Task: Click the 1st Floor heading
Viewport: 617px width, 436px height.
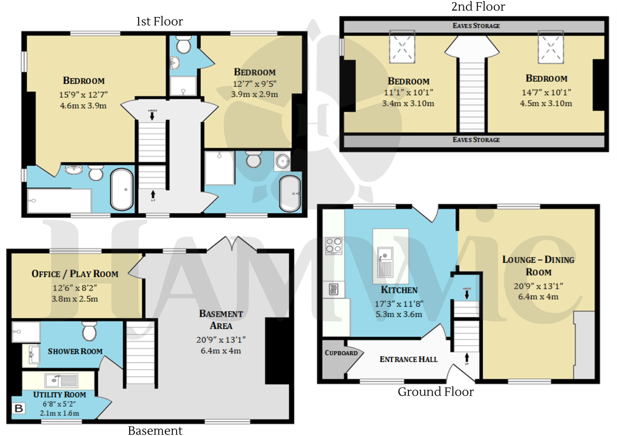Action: pos(159,22)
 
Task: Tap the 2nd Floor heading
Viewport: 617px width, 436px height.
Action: pos(478,7)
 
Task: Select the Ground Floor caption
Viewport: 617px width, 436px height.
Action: pos(435,392)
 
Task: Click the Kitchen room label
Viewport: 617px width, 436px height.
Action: pos(399,290)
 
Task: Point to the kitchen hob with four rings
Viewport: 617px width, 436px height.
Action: pos(334,245)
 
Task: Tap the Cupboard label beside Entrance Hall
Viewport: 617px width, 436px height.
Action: pos(341,353)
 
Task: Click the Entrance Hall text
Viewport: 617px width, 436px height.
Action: pos(408,359)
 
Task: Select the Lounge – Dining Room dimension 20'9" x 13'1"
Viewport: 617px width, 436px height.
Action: pos(538,286)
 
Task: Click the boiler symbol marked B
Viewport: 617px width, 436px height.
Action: pos(19,408)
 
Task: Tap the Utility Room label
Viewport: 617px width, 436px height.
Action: pos(59,394)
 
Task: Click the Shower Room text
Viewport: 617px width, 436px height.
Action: pos(75,351)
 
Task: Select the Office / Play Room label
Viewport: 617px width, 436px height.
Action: pos(75,274)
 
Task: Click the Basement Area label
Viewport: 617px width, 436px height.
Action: pos(221,319)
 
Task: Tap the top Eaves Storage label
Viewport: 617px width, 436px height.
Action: pos(476,26)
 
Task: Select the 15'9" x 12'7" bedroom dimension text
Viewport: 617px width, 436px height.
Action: pos(83,95)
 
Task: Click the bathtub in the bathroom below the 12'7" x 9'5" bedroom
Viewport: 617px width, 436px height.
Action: pos(290,193)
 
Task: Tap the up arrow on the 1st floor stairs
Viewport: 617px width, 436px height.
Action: pos(153,194)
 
